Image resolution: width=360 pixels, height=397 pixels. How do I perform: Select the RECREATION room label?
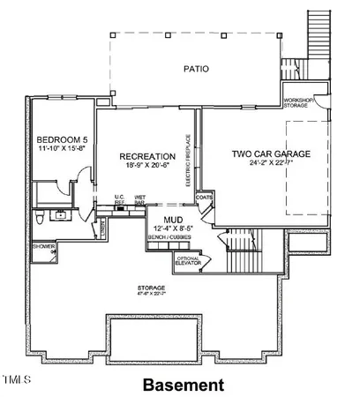point(145,157)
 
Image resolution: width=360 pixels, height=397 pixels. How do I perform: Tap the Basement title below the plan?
point(183,386)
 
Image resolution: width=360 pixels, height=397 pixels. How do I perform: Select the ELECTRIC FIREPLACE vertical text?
point(189,161)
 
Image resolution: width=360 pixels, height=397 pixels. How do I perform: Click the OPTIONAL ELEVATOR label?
point(188,260)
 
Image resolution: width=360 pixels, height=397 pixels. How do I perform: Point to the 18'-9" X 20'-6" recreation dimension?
point(145,167)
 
